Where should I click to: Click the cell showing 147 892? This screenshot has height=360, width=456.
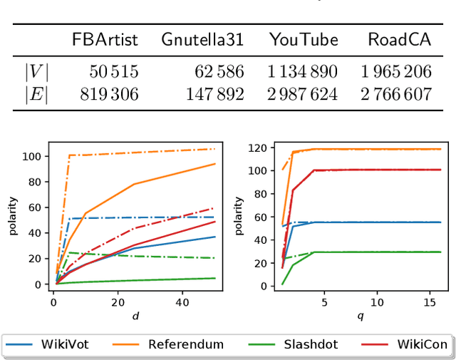(x=214, y=93)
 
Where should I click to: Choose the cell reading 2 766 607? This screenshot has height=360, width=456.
(x=396, y=93)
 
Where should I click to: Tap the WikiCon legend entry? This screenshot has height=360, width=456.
(x=403, y=344)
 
